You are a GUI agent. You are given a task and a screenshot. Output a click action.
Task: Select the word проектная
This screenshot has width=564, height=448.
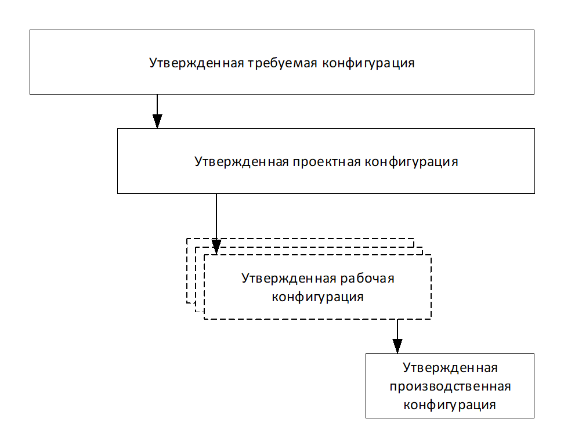click(x=327, y=161)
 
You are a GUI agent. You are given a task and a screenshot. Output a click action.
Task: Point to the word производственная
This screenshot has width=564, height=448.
click(x=450, y=386)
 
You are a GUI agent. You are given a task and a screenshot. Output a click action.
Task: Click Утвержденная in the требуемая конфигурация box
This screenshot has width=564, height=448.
click(x=196, y=63)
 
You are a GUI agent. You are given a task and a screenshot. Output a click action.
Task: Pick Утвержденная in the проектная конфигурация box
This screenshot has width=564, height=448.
click(x=242, y=161)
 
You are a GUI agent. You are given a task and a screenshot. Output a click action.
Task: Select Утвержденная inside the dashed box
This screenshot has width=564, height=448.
click(x=288, y=278)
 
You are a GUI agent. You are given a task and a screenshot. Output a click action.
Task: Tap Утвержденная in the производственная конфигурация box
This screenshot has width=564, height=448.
click(x=450, y=368)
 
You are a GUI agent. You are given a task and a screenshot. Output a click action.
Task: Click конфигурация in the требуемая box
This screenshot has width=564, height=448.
click(x=368, y=63)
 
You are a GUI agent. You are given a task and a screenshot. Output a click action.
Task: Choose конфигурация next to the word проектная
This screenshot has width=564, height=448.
click(x=411, y=161)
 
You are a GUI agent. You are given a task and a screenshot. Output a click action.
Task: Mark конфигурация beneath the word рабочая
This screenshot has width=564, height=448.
click(x=318, y=297)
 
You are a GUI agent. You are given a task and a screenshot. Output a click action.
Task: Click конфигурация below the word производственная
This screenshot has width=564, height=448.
click(x=450, y=404)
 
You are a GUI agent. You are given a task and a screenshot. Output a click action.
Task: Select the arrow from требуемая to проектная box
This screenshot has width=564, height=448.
click(x=157, y=107)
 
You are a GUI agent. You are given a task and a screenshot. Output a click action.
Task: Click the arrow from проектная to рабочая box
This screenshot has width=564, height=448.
click(x=216, y=218)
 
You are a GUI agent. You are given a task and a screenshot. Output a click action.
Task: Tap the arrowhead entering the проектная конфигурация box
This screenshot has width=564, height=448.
click(x=157, y=121)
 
